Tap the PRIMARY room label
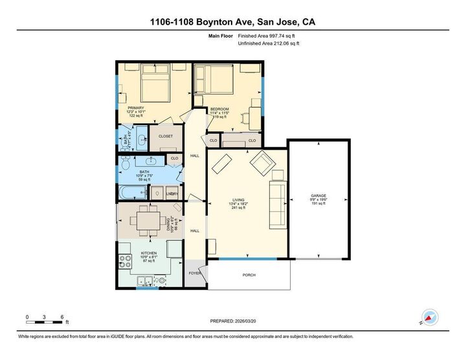pos(136,108)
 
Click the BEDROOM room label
pos(220,109)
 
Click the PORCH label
pos(249,275)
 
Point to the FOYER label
pos(194,273)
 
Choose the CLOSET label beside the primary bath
pos(166,136)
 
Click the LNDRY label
pos(172,193)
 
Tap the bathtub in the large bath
pos(132,193)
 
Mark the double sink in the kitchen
pos(146,281)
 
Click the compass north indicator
pos(430,316)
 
